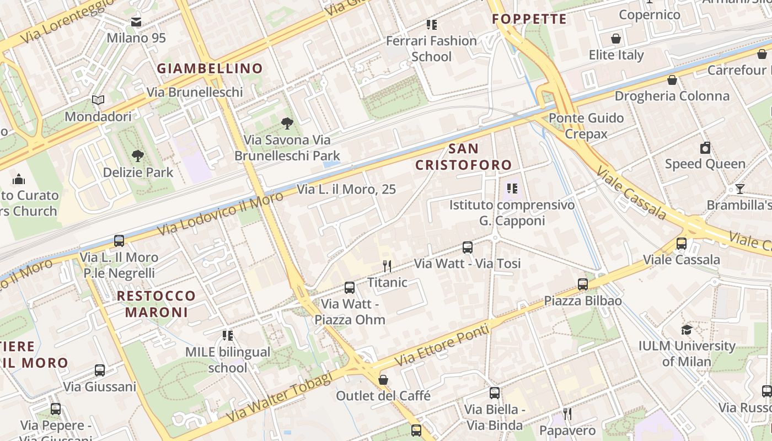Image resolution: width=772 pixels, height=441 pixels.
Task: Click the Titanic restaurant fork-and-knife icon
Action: tap(387, 266)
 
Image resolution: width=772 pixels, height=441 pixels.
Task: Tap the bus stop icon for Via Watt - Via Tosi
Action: tap(468, 248)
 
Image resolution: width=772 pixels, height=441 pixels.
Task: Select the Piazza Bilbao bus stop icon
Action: tap(583, 284)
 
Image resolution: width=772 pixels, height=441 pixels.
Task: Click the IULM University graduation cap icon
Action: tap(687, 330)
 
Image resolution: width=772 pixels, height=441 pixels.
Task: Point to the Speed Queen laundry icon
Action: tap(705, 148)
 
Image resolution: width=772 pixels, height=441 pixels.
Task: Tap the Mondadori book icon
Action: tap(98, 100)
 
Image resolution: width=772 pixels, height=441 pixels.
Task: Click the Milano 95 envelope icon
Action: tap(136, 22)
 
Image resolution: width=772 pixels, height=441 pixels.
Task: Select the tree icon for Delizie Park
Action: tap(138, 156)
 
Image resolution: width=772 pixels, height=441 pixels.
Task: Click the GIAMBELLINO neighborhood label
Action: tap(210, 69)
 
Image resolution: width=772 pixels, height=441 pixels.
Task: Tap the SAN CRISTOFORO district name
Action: tap(464, 157)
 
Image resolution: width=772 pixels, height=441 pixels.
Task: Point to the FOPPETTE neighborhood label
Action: tap(529, 19)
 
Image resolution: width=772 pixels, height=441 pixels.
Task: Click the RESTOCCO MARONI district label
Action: tap(157, 304)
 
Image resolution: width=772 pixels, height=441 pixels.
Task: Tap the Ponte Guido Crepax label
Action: tap(586, 126)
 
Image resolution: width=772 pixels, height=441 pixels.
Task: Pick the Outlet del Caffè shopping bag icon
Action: tap(383, 380)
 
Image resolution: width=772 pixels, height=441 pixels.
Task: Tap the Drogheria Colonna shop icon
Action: tap(672, 80)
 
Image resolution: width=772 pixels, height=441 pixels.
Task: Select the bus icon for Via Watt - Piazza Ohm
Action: tap(349, 287)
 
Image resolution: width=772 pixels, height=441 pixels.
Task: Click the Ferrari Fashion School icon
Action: tap(432, 25)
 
